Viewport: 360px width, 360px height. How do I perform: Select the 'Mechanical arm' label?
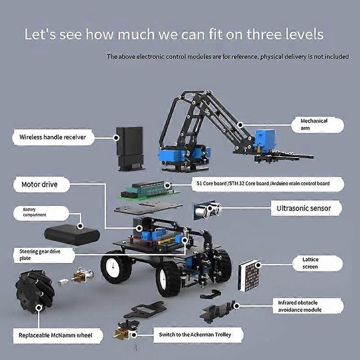(x=315, y=125)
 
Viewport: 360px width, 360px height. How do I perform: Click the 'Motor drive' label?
(x=40, y=184)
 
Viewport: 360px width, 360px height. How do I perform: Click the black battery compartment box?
(x=72, y=234)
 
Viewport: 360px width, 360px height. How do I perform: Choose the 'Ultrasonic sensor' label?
(x=304, y=208)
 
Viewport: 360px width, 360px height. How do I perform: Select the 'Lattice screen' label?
(x=310, y=263)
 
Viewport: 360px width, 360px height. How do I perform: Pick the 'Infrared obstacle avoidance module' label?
(x=306, y=306)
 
